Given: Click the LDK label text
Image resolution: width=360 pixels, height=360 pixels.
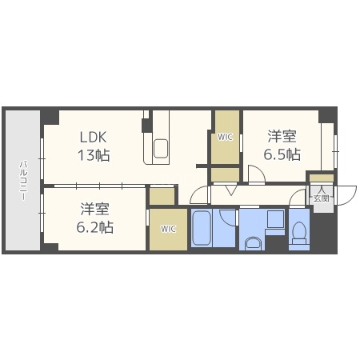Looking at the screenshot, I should tap(94, 137).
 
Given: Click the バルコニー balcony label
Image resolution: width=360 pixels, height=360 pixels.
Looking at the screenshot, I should tap(22, 180).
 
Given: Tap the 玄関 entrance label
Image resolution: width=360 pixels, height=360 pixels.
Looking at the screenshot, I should tap(320, 197).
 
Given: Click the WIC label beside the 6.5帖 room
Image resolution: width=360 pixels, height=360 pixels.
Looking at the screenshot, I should tap(226, 137).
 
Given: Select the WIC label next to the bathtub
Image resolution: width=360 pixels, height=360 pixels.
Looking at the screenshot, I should tap(168, 229).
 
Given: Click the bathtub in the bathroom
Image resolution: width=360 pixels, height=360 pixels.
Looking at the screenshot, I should tap(202, 229).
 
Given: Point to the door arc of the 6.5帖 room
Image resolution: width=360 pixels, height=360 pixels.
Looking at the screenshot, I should tap(255, 174).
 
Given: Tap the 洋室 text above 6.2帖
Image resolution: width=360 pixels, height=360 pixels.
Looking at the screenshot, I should tap(95, 210).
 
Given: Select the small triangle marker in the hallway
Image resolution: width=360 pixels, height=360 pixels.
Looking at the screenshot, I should tap(229, 190).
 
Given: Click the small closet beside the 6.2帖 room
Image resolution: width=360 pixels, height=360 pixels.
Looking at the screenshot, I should tap(162, 195).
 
